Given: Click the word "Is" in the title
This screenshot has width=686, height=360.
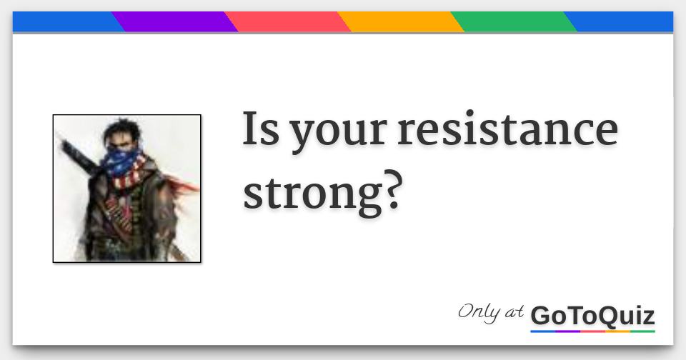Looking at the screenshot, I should pyautogui.click(x=260, y=130).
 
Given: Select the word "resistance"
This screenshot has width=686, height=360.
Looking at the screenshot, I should pyautogui.click(x=507, y=130).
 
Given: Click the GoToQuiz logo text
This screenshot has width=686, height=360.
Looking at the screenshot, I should pyautogui.click(x=592, y=315).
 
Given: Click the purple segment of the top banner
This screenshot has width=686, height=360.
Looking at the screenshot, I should pyautogui.click(x=175, y=22).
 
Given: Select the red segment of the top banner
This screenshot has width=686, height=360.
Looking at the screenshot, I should pyautogui.click(x=288, y=22).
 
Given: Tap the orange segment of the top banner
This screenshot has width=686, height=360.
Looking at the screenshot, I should pyautogui.click(x=401, y=22).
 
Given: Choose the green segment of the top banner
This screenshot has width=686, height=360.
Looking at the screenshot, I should pyautogui.click(x=514, y=22).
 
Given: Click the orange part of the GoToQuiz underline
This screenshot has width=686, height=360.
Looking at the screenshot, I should pyautogui.click(x=618, y=331).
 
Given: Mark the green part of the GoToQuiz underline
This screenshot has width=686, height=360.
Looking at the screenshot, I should pyautogui.click(x=643, y=331).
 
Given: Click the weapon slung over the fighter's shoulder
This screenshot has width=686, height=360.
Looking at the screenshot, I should pyautogui.click(x=75, y=154).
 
